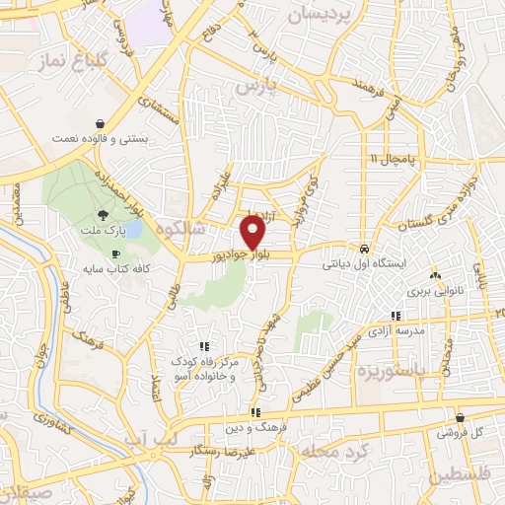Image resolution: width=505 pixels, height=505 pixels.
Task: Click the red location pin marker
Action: [253, 233]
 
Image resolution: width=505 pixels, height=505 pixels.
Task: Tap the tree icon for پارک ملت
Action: [104, 216]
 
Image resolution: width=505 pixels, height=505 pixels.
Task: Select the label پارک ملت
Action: [104, 232]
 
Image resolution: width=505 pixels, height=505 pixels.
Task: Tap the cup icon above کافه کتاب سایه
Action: [116, 254]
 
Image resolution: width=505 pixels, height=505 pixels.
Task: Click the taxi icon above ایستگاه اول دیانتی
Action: [366, 250]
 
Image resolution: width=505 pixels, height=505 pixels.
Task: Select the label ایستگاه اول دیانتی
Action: [365, 264]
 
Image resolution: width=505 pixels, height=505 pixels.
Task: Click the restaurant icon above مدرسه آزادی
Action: [397, 317]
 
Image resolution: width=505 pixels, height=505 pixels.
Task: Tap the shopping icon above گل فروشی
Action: [460, 418]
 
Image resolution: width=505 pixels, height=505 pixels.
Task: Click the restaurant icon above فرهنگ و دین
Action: [255, 413]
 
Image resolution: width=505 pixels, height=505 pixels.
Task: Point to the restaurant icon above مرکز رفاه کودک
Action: [204, 346]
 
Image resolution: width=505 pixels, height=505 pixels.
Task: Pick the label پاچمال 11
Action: [395, 159]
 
